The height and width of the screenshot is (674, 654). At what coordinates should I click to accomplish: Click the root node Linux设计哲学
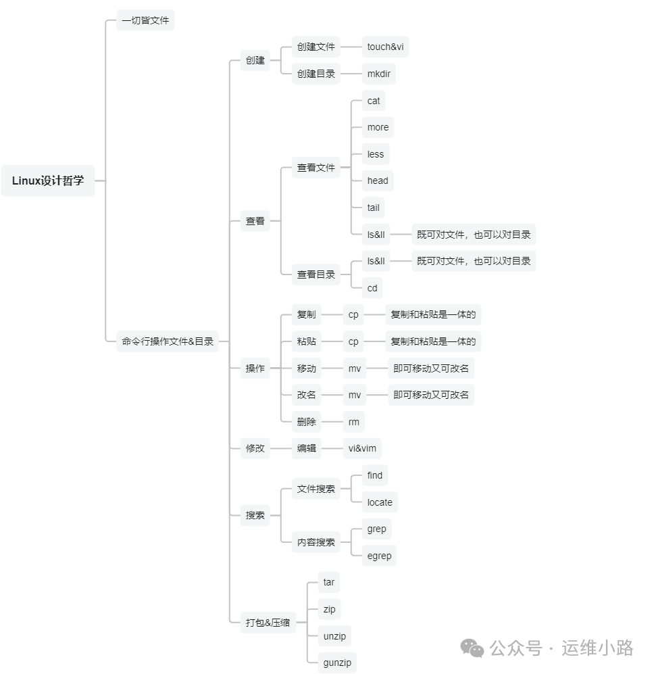click(48, 180)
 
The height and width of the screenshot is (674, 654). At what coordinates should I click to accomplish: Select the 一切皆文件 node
click(145, 20)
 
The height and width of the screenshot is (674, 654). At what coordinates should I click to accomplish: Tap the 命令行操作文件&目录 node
click(168, 341)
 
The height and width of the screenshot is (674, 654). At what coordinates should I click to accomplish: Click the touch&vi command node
click(386, 47)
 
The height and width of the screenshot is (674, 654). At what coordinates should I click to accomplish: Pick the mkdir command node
click(379, 74)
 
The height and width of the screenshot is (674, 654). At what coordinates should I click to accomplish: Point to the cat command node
click(374, 101)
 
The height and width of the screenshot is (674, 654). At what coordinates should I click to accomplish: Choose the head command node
click(378, 180)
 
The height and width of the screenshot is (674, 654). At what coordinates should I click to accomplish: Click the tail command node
click(374, 208)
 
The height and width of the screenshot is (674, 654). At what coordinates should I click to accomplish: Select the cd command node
click(372, 288)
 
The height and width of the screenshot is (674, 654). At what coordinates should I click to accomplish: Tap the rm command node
click(354, 422)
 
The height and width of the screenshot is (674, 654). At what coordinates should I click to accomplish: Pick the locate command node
click(380, 502)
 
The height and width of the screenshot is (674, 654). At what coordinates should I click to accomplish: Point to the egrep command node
click(379, 556)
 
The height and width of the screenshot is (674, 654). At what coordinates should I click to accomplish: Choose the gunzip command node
click(338, 663)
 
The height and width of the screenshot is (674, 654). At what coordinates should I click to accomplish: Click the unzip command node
click(336, 636)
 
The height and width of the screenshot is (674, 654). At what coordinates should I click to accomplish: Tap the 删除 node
click(307, 422)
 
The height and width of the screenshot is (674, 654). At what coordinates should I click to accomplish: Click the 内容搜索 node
click(316, 542)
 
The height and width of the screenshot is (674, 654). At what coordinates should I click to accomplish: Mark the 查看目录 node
click(316, 274)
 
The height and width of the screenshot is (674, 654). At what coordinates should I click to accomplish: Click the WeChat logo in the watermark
click(472, 648)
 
